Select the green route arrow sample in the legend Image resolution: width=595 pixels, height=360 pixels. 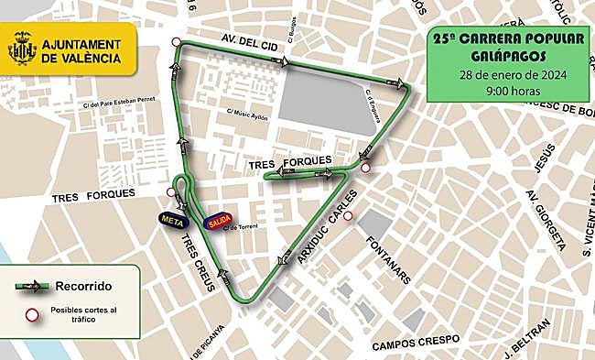(x=34, y=287)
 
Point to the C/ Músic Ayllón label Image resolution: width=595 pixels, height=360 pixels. (x=250, y=112)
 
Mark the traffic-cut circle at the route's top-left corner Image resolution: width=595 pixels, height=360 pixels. (x=173, y=40)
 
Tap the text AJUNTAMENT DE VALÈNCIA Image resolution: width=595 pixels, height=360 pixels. (x=81, y=50)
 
